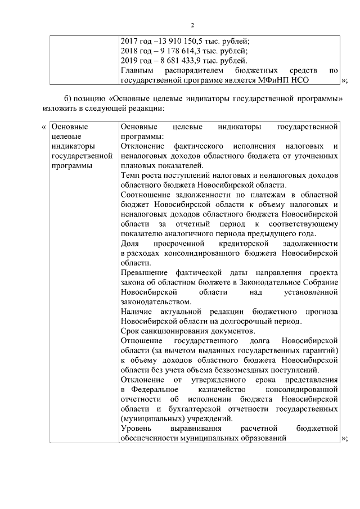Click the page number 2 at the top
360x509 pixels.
192,25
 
